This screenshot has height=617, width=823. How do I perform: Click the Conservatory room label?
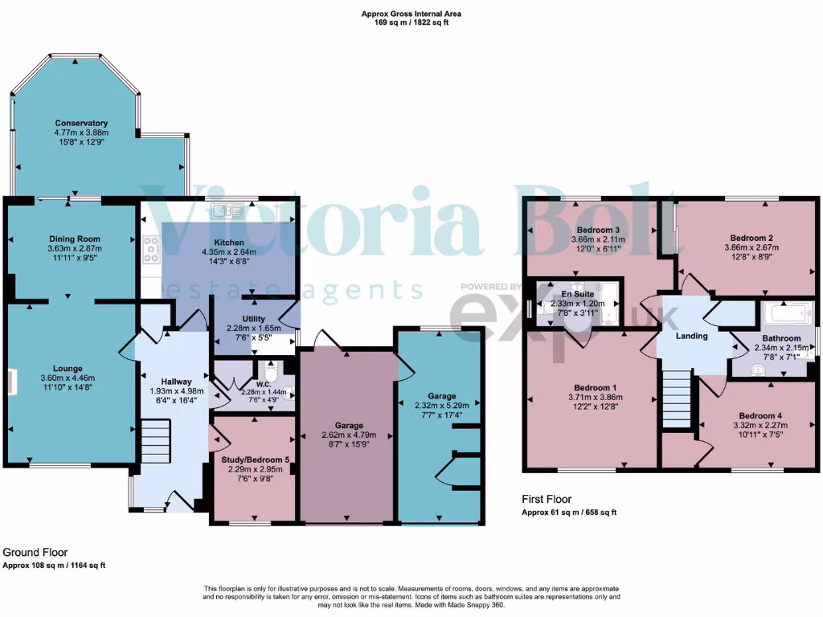81,123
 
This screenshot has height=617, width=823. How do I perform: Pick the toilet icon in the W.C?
272,374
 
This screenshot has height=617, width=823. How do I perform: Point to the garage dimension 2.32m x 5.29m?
442,406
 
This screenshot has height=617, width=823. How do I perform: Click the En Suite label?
571,294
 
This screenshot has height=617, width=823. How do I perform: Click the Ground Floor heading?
35,553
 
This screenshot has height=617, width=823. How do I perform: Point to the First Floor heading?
545,499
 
